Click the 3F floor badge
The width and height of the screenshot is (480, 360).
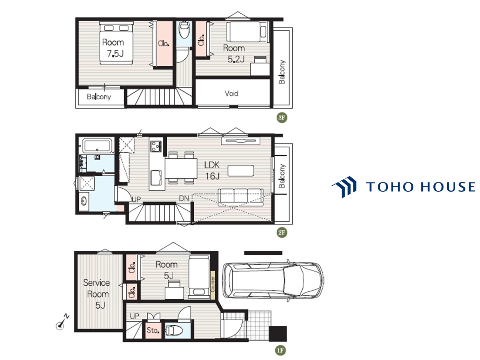[282, 117]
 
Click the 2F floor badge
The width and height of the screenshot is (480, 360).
[282, 232]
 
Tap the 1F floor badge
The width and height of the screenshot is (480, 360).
[280, 350]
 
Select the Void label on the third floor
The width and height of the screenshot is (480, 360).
[231, 93]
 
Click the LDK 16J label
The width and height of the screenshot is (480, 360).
[212, 170]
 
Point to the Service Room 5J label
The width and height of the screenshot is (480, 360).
[97, 294]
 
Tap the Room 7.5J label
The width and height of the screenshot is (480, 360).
[114, 48]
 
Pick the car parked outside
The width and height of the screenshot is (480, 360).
[273, 280]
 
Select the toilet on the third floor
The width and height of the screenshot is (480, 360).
[184, 30]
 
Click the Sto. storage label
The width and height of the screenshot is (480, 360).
[153, 330]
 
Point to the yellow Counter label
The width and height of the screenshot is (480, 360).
[213, 285]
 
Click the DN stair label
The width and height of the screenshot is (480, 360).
[184, 198]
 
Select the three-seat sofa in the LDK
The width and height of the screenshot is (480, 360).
[241, 197]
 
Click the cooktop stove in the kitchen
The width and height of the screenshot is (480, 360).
[156, 146]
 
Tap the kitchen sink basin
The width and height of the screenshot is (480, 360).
[156, 177]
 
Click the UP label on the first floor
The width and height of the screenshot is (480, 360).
[135, 316]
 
